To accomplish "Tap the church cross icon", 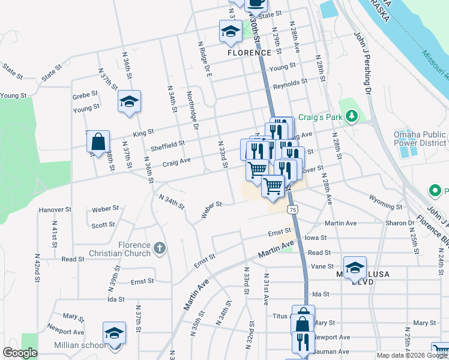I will (x=159, y=247).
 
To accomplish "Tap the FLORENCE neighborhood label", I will (x=247, y=53).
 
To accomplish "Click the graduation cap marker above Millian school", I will (x=114, y=333).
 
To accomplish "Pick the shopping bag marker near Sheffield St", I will (x=98, y=142).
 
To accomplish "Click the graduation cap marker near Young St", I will (x=128, y=101).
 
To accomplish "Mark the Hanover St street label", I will (x=55, y=211).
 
